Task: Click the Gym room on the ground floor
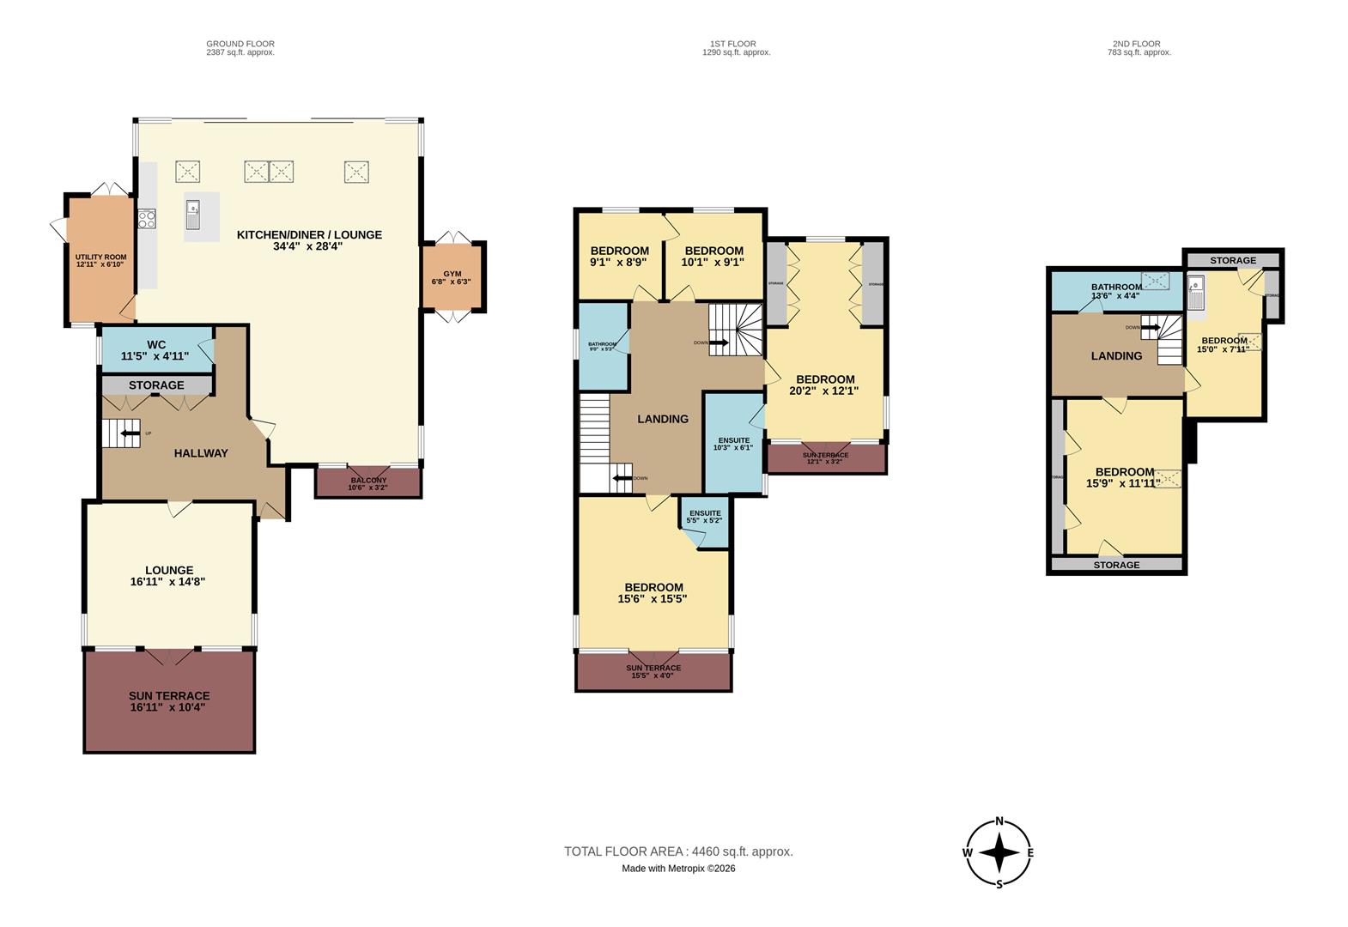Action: [452, 276]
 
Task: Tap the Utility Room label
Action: [100, 260]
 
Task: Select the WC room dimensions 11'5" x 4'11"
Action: [156, 355]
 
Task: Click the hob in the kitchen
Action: [146, 219]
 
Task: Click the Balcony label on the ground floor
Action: [367, 483]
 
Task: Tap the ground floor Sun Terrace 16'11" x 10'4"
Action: [169, 702]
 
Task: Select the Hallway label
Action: [201, 453]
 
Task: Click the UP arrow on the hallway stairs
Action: [131, 433]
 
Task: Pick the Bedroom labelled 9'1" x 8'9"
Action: [619, 257]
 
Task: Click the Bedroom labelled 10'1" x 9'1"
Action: [713, 257]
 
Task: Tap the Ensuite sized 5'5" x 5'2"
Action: [704, 517]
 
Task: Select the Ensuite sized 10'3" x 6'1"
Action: [732, 444]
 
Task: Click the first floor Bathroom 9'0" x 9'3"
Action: [602, 346]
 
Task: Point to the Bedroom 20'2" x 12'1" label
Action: [824, 385]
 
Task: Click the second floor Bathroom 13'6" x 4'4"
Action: [1115, 291]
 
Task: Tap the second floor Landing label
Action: [1116, 356]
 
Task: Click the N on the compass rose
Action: [999, 821]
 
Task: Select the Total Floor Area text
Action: [678, 851]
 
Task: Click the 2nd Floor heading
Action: [1139, 44]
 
